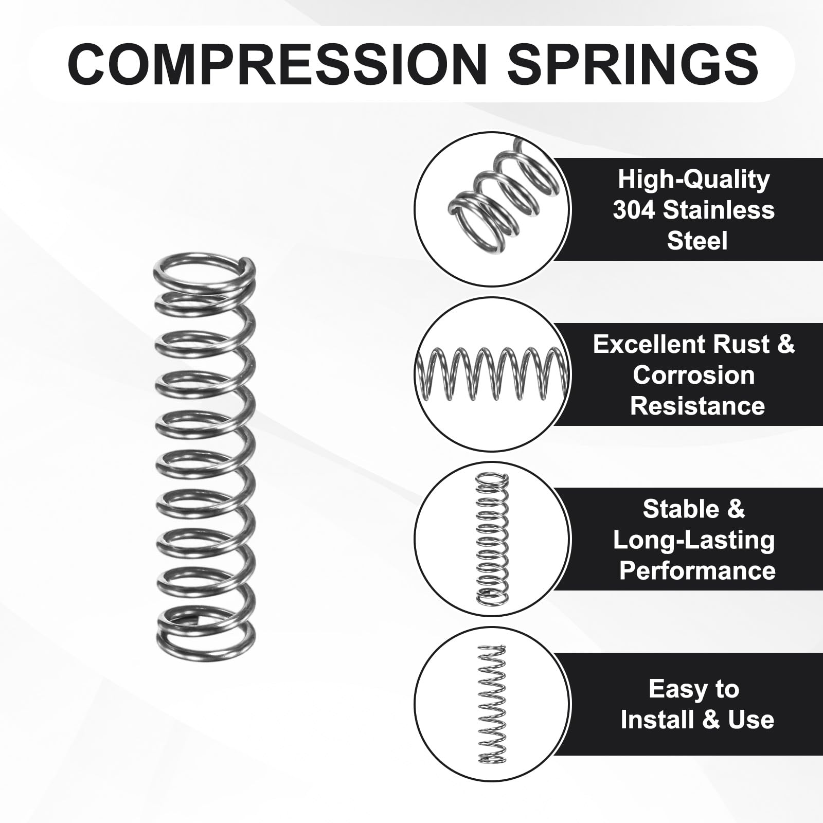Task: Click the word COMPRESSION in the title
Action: pyautogui.click(x=277, y=64)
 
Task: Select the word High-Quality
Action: pyautogui.click(x=693, y=180)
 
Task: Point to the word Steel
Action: pyautogui.click(x=697, y=241)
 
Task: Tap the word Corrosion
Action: pyautogui.click(x=693, y=375)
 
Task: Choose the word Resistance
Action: pyautogui.click(x=697, y=406)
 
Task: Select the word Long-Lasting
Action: pyautogui.click(x=693, y=541)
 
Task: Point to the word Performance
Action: pyautogui.click(x=697, y=571)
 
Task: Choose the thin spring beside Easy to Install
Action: pyautogui.click(x=492, y=703)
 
